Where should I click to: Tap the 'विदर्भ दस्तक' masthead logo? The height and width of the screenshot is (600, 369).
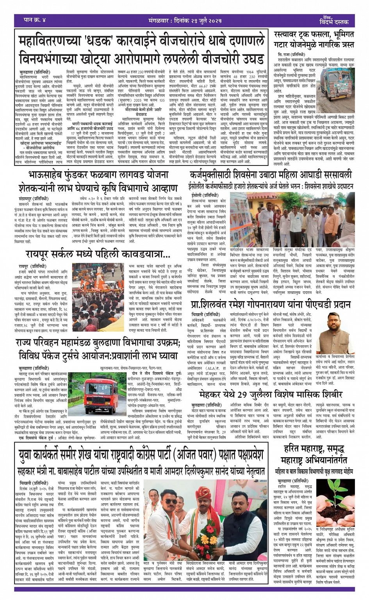334,21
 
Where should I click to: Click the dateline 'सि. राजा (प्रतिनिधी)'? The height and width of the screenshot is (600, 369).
291,54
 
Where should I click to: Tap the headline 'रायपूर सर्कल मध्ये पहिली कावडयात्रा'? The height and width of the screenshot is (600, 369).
98,255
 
